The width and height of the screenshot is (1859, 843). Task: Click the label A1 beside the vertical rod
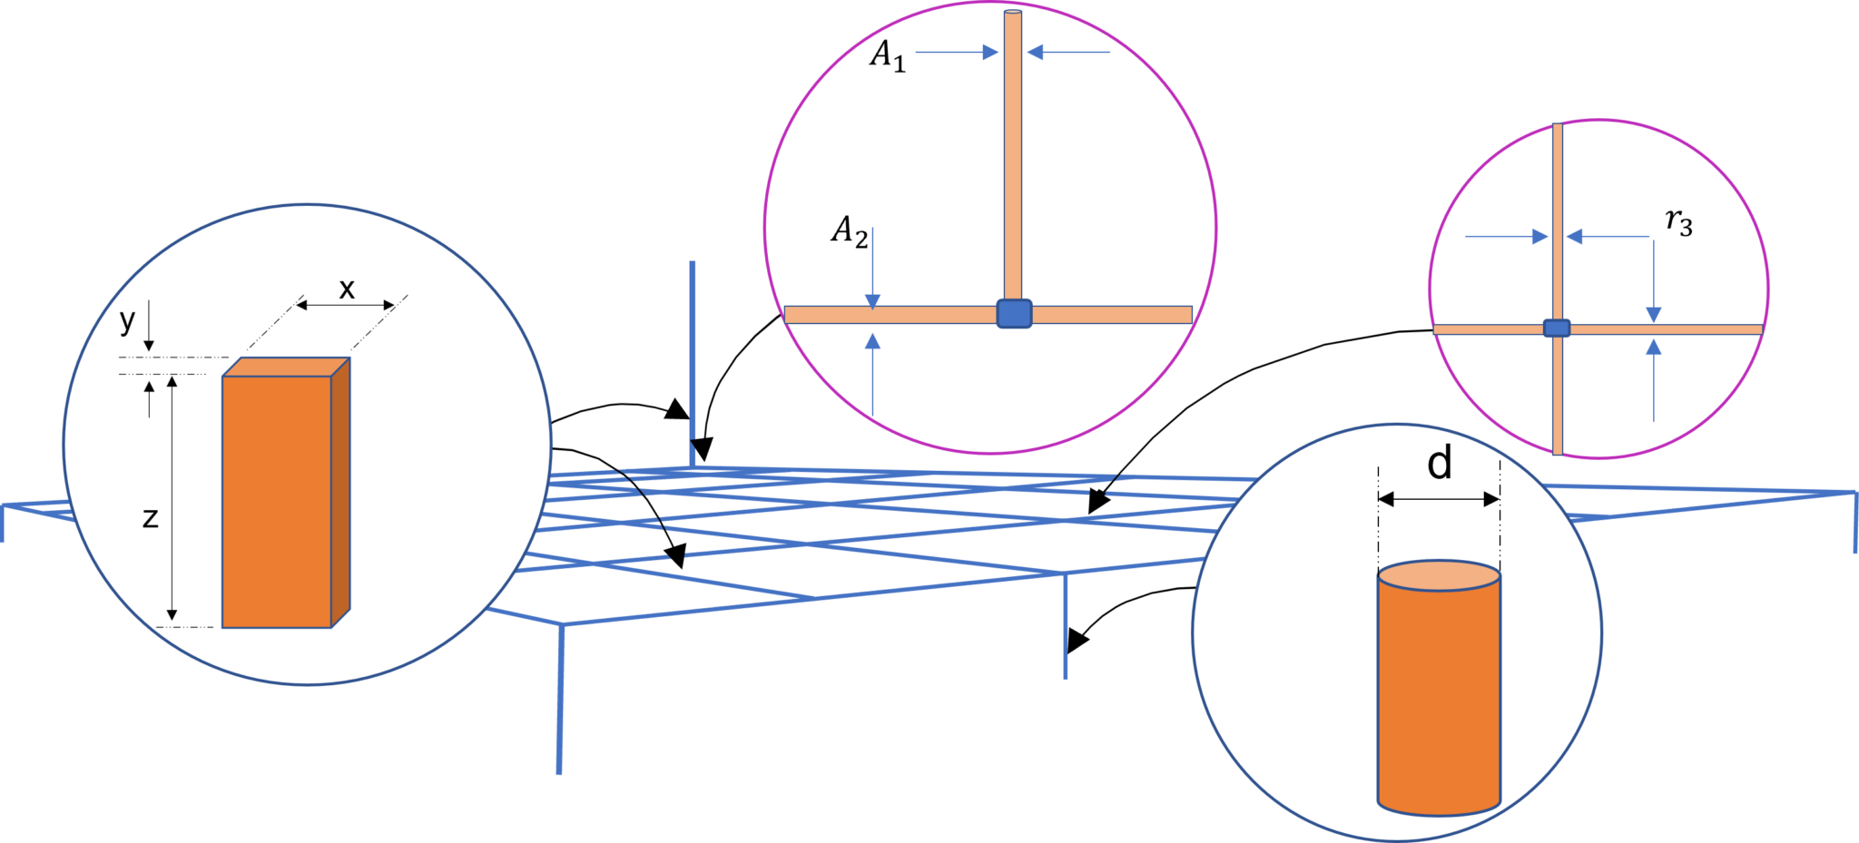[887, 56]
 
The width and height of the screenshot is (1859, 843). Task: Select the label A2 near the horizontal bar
[850, 231]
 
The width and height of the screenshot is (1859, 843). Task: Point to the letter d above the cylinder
[1440, 464]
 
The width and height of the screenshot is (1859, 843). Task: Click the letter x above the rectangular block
[347, 289]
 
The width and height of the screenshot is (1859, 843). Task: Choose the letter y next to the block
[128, 319]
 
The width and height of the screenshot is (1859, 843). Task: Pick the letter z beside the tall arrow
[151, 517]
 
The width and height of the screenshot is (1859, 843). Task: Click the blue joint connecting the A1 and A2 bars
[1014, 313]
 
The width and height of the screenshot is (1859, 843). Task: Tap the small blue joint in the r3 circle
[1557, 328]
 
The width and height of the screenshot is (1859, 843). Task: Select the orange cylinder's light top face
[1439, 575]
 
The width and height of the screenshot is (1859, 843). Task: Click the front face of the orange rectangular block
[276, 501]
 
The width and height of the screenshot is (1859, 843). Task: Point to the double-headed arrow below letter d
[1439, 498]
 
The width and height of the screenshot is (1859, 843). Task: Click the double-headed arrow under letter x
[346, 306]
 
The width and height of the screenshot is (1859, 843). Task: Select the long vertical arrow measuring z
[172, 498]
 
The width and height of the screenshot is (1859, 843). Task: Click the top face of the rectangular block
[286, 367]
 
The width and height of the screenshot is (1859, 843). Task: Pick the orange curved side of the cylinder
[1439, 699]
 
